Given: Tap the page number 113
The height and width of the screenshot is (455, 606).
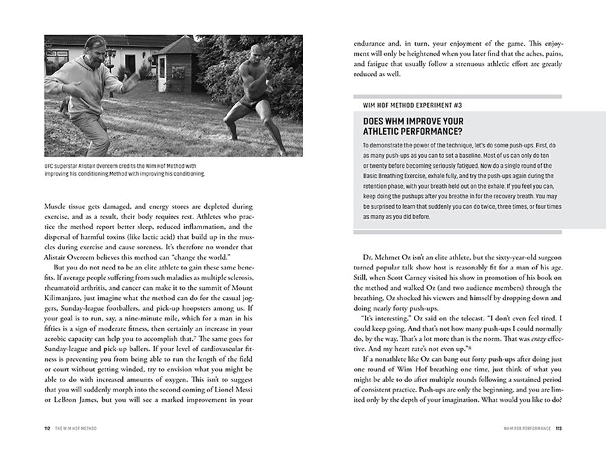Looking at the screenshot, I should pos(559,428).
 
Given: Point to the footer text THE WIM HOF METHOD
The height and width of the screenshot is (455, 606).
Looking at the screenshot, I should pos(78,428).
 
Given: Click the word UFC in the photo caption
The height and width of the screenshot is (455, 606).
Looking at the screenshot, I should pos(51,165).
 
